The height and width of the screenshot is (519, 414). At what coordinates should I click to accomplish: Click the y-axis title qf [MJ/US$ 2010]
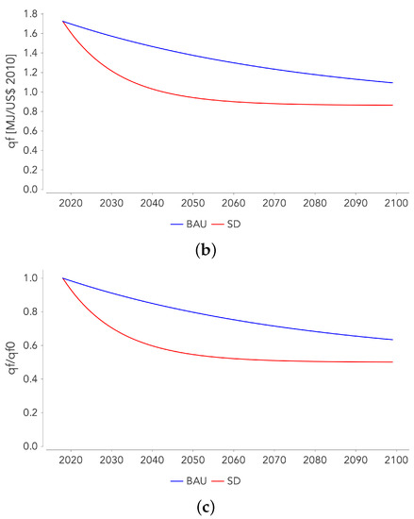(x=12, y=96)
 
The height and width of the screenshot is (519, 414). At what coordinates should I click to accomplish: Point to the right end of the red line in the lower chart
(x=392, y=362)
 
